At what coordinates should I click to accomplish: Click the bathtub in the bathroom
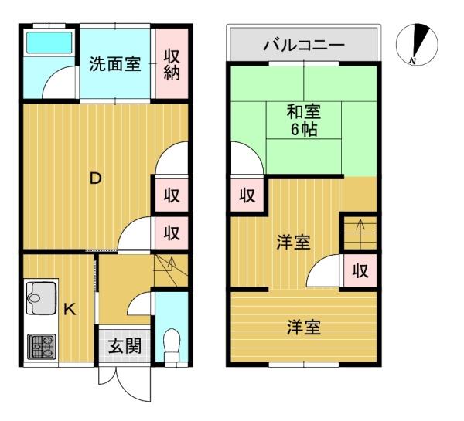point(49,42)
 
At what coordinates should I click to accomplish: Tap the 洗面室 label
point(114,64)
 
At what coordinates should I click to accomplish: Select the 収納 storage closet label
point(172,64)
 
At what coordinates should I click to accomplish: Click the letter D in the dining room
point(96,178)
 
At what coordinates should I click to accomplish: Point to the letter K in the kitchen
point(70,310)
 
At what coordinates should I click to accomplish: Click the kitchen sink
point(42,297)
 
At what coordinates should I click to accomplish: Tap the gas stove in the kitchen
point(42,347)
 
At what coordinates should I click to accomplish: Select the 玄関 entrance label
point(125,346)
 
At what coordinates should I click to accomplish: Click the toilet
point(172,345)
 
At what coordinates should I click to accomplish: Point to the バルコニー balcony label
point(304,46)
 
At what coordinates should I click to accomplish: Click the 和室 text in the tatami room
point(304,112)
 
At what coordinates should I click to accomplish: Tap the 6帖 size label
point(304,129)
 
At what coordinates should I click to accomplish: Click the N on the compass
point(412,61)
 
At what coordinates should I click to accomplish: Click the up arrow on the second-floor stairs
point(360,234)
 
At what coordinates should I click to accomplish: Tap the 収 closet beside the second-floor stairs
point(360,270)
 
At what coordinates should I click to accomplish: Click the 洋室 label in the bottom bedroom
point(304,328)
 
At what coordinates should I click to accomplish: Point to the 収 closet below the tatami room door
point(247,195)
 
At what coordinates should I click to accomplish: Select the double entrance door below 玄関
point(125,383)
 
